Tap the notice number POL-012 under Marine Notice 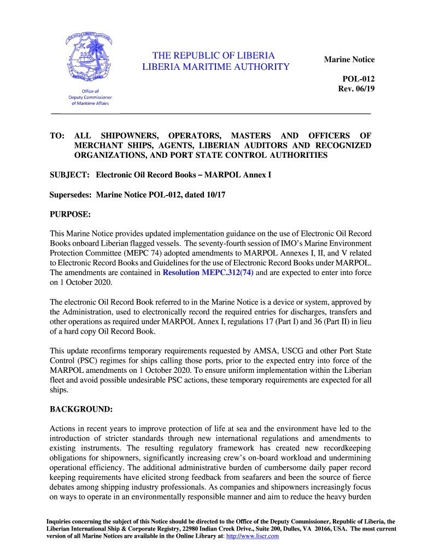coord(358,79)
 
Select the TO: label coord(58,135)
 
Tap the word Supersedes coord(71,195)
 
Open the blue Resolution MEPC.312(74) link coord(208,272)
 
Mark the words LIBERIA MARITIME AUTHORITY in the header coord(216,67)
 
